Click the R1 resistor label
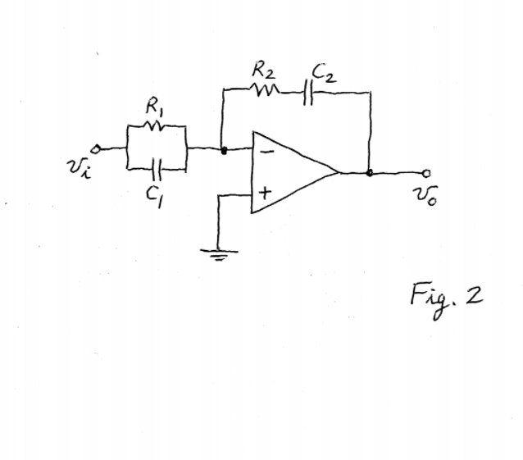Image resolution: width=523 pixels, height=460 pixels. pos(152,107)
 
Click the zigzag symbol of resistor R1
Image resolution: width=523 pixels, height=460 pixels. pos(156,126)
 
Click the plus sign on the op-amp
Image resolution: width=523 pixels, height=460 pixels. pos(265,195)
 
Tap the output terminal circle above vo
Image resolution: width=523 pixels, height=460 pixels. pos(425,173)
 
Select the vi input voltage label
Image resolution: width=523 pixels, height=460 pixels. pos(77,170)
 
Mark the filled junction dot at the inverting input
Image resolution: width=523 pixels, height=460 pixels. pos(224,150)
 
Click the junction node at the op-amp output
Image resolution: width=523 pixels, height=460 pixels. pos(371,173)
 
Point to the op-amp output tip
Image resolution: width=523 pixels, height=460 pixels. pos(339,173)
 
